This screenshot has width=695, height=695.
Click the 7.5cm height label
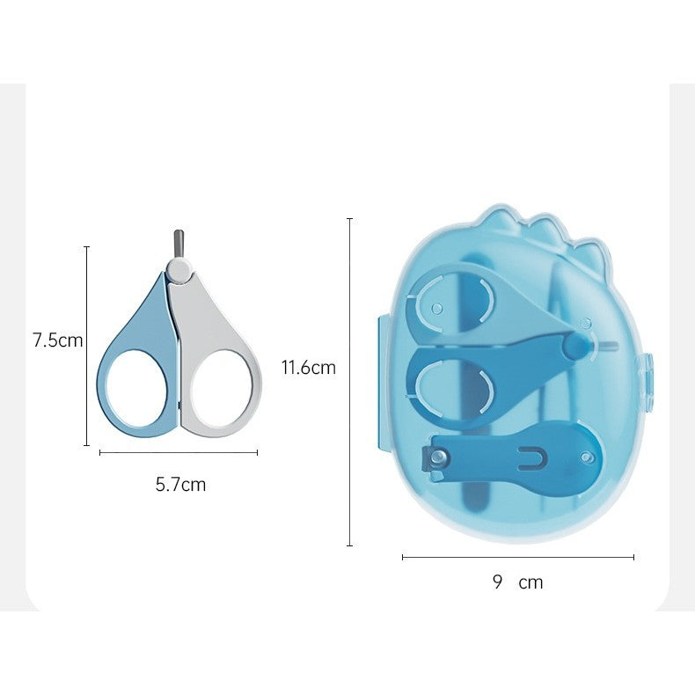pos(57,340)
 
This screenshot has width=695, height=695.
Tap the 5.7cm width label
pos(180,484)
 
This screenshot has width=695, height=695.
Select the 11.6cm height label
pos(308,368)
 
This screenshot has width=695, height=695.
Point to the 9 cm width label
pos(517,582)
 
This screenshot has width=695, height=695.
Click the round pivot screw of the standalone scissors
pos(179,267)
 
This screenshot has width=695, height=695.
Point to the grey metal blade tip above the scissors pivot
pos(177,242)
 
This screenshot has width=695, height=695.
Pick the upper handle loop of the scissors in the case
pos(453,303)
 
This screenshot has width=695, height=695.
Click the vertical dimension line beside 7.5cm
pos(87,346)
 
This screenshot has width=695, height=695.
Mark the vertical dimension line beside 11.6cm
pos(350,382)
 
